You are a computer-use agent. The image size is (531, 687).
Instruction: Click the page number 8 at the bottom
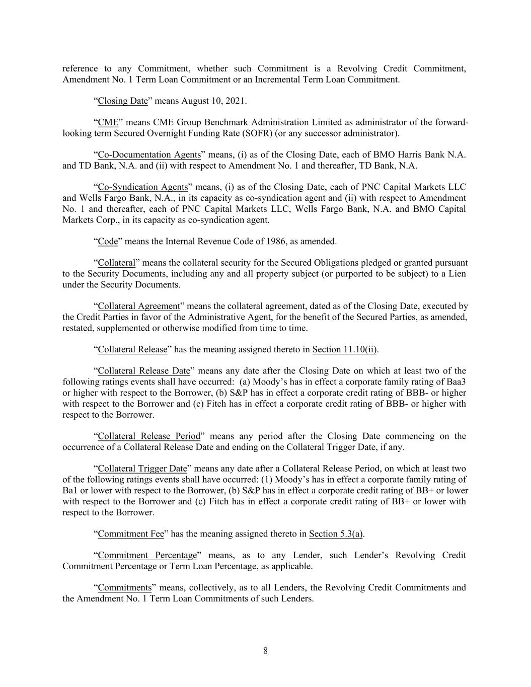click(x=265, y=651)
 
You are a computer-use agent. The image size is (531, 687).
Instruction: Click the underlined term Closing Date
click(x=123, y=101)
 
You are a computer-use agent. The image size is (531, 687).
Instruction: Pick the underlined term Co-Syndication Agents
click(x=142, y=187)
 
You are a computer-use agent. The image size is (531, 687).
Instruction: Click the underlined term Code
click(x=108, y=242)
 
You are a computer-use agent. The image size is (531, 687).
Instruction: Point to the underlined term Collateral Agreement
click(x=139, y=307)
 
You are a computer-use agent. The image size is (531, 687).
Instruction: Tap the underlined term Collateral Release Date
click(x=144, y=371)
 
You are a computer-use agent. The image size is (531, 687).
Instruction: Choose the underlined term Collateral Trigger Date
click(x=142, y=469)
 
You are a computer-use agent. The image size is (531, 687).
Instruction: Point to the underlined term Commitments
click(x=124, y=588)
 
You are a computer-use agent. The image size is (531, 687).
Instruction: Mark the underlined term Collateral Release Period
click(x=149, y=436)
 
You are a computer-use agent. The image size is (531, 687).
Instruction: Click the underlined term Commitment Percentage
click(x=147, y=556)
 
